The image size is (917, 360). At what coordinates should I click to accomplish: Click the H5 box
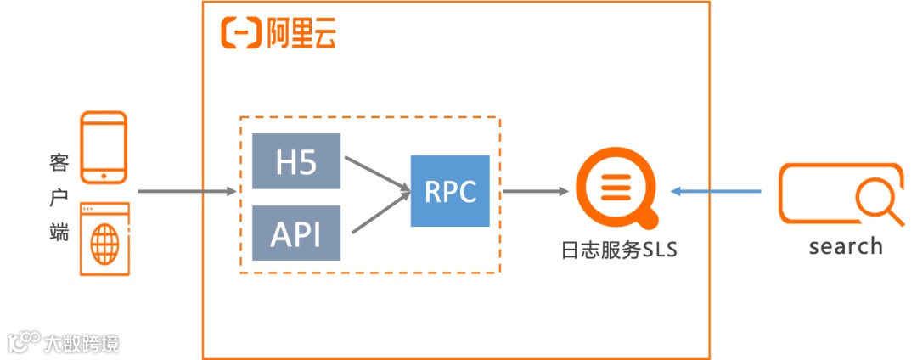pos(296,161)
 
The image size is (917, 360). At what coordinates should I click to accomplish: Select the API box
pos(296,233)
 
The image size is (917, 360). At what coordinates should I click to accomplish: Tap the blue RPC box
pos(450,191)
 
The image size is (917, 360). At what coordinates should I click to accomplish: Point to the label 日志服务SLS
pos(619,251)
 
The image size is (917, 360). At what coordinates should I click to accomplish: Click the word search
pos(845,246)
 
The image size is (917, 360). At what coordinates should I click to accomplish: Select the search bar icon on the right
pos(841,194)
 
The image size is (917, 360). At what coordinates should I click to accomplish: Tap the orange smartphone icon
pos(104,148)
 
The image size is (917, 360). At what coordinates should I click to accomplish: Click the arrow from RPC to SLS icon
pos(535,192)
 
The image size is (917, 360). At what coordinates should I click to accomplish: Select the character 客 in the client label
pos(59,161)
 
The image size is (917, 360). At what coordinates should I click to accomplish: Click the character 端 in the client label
pos(59,231)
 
